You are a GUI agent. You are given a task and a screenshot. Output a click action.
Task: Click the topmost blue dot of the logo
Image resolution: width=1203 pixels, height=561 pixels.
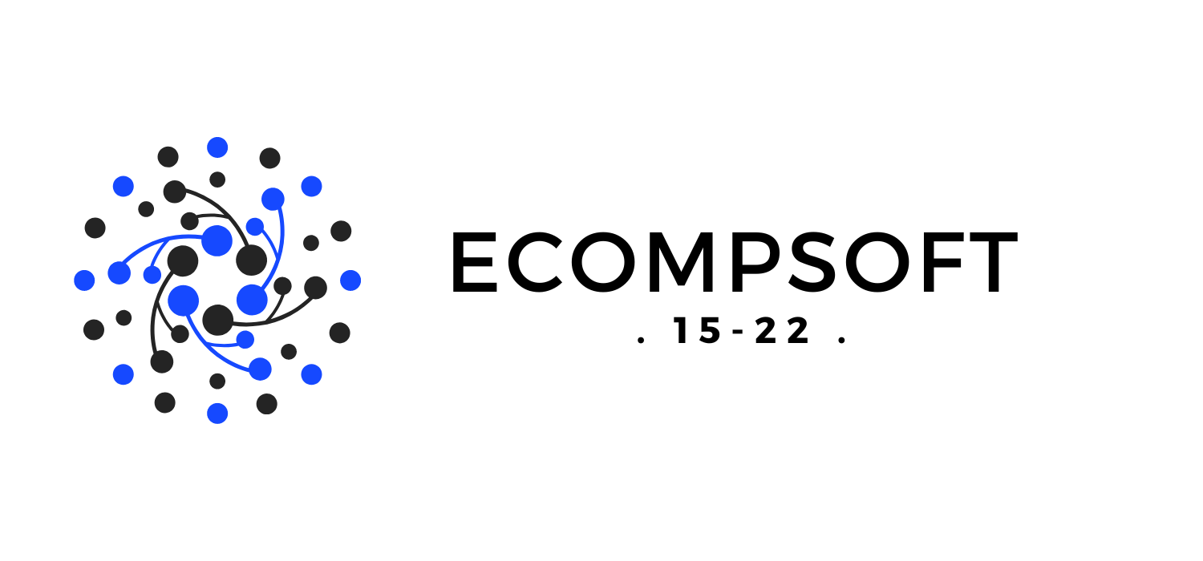(x=217, y=147)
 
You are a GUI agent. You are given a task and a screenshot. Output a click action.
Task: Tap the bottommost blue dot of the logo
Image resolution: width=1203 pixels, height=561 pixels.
(x=217, y=414)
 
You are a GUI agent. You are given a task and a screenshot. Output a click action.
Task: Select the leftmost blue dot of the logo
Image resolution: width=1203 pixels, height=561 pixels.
(x=84, y=280)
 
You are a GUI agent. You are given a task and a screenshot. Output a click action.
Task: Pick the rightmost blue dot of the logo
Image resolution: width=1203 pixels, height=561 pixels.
(x=350, y=280)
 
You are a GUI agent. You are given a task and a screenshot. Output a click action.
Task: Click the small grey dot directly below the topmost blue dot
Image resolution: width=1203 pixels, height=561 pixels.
(x=217, y=180)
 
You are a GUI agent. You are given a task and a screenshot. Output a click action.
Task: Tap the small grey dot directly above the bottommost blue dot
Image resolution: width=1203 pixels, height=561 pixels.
(x=217, y=381)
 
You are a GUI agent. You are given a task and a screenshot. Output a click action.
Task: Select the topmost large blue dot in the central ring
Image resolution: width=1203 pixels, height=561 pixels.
(x=217, y=240)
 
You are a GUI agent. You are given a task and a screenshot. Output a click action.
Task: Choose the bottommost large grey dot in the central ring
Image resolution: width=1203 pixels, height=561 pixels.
(x=217, y=320)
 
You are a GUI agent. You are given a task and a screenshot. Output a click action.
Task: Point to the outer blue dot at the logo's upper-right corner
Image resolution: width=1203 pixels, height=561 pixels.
(x=311, y=187)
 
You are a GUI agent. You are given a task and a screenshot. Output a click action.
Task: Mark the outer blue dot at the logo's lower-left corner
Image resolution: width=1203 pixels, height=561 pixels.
(x=124, y=374)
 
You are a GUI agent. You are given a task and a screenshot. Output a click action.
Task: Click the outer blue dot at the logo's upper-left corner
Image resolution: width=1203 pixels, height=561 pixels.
(x=124, y=187)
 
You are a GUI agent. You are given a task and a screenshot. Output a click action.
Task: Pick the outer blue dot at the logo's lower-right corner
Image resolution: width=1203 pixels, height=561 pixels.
(x=311, y=374)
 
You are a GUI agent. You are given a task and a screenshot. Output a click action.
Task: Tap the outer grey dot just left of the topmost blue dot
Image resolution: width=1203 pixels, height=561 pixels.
(x=168, y=157)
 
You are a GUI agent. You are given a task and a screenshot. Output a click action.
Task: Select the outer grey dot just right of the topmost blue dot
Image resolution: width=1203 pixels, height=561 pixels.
(x=269, y=159)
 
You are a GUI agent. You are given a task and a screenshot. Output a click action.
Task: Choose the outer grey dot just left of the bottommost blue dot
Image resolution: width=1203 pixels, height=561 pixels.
(x=165, y=402)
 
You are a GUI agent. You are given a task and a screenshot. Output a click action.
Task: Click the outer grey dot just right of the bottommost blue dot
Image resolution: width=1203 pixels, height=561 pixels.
(x=266, y=404)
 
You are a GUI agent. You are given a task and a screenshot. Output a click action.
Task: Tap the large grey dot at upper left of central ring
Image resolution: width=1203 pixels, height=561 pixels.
(x=183, y=260)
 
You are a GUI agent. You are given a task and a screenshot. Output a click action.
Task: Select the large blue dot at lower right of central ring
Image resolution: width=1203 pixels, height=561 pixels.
(x=252, y=300)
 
